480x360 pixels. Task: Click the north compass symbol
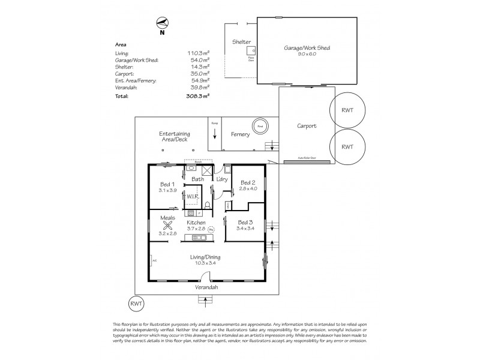[161, 24]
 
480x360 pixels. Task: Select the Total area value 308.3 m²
[197, 96]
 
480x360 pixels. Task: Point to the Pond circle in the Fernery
[260, 126]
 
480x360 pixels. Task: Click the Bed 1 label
[167, 184]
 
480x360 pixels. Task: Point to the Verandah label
[206, 287]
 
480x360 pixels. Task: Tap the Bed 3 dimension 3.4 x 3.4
[247, 229]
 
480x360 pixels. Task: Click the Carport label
[306, 127]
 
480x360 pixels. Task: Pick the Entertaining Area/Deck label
[175, 136]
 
